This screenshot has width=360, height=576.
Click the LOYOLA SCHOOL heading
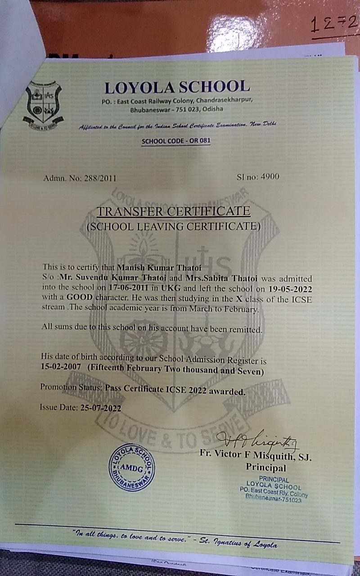tap(177, 87)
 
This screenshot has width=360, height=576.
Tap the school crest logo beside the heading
tap(43, 104)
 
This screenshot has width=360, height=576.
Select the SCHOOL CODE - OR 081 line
tap(176, 141)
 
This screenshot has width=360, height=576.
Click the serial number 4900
tap(268, 176)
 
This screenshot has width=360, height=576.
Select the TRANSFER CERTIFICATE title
tap(174, 211)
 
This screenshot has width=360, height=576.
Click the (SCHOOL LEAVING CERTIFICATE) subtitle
tap(173, 226)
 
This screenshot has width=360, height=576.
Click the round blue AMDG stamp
tap(131, 468)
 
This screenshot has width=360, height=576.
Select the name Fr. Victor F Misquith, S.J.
tap(255, 454)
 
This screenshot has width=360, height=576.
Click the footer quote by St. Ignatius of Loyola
tap(175, 539)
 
